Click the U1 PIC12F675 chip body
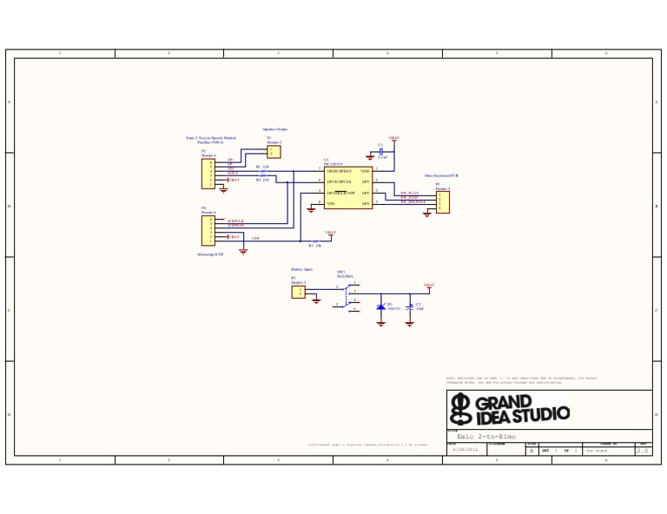(348, 188)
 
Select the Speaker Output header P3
(274, 152)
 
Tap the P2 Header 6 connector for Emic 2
(208, 174)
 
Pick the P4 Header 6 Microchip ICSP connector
(208, 231)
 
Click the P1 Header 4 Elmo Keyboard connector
(443, 202)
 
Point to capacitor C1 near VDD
(380, 152)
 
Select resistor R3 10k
(314, 241)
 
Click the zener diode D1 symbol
(380, 306)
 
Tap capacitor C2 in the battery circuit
(409, 306)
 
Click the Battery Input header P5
(298, 293)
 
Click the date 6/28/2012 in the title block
(465, 451)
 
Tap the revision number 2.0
(643, 451)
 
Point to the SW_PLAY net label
(410, 193)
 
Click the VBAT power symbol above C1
(393, 138)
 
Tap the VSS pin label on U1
(331, 203)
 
